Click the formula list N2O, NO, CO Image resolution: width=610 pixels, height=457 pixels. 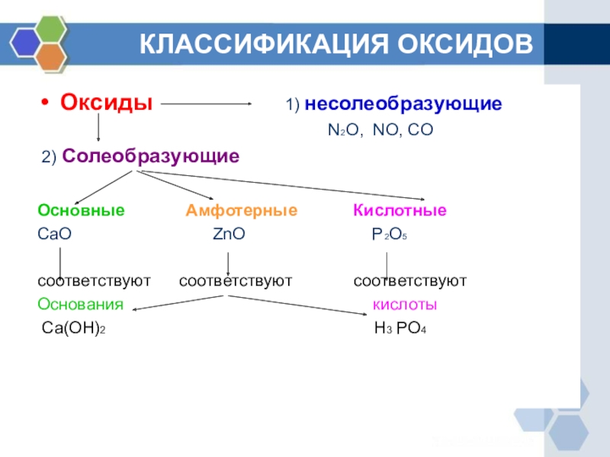[380, 131]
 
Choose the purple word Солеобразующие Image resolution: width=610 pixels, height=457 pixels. [151, 157]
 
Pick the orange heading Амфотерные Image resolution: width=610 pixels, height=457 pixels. [242, 210]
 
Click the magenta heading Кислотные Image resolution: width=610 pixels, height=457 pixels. [400, 210]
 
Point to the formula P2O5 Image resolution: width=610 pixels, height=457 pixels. [390, 236]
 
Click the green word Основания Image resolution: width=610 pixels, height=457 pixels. [81, 305]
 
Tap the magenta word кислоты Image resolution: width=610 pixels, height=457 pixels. [404, 305]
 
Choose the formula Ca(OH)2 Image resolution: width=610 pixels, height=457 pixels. [72, 329]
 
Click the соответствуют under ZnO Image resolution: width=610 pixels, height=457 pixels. [236, 282]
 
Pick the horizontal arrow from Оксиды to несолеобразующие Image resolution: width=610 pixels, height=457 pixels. [207, 104]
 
